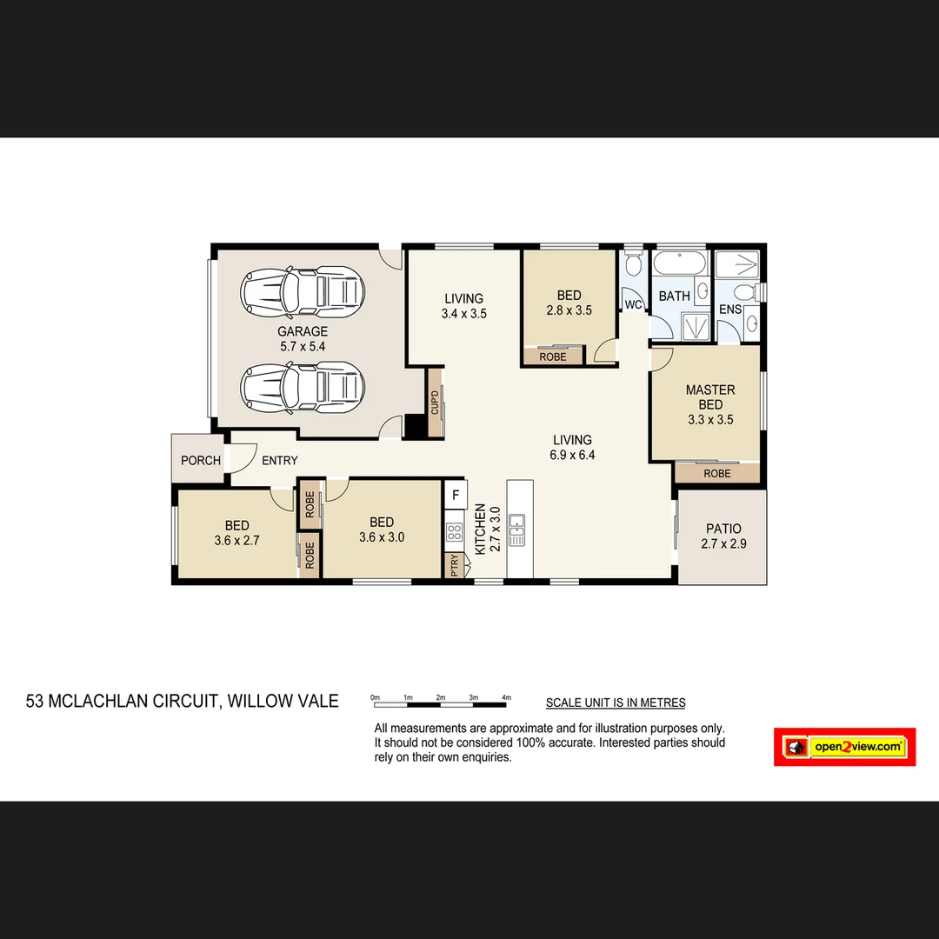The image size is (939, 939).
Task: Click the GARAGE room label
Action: (x=303, y=331)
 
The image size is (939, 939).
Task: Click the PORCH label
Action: (x=201, y=460)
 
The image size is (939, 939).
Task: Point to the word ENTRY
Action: (x=279, y=461)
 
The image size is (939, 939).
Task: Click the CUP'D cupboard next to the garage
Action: (x=435, y=402)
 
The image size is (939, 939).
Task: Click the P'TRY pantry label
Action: (x=454, y=565)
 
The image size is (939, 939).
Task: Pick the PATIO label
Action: (x=723, y=529)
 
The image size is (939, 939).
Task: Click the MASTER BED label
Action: (x=710, y=397)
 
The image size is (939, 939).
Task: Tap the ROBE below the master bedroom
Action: (x=717, y=474)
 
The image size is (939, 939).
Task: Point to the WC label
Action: (x=633, y=304)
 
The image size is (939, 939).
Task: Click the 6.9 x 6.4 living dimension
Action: (x=572, y=455)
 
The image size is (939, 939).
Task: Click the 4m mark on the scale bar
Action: (x=507, y=697)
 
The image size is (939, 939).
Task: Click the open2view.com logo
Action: (x=844, y=747)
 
